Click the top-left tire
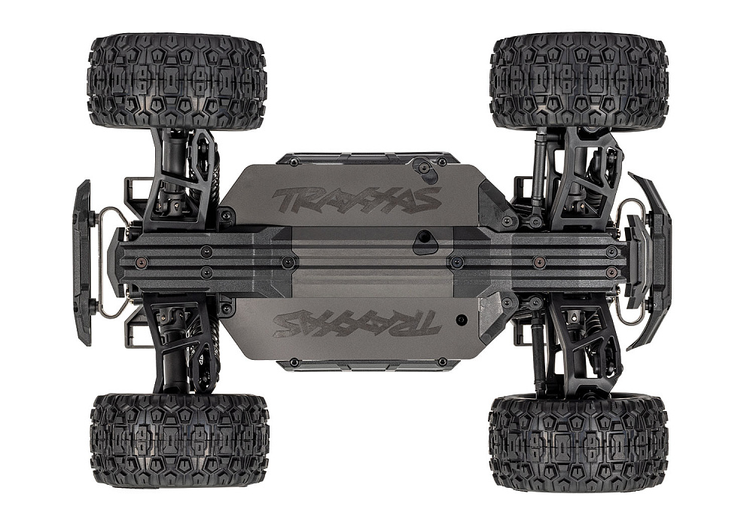click(177, 81)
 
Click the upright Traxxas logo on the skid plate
click(356, 200)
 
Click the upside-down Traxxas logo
click(356, 321)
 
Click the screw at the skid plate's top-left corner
click(226, 216)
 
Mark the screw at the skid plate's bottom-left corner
click(226, 309)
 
